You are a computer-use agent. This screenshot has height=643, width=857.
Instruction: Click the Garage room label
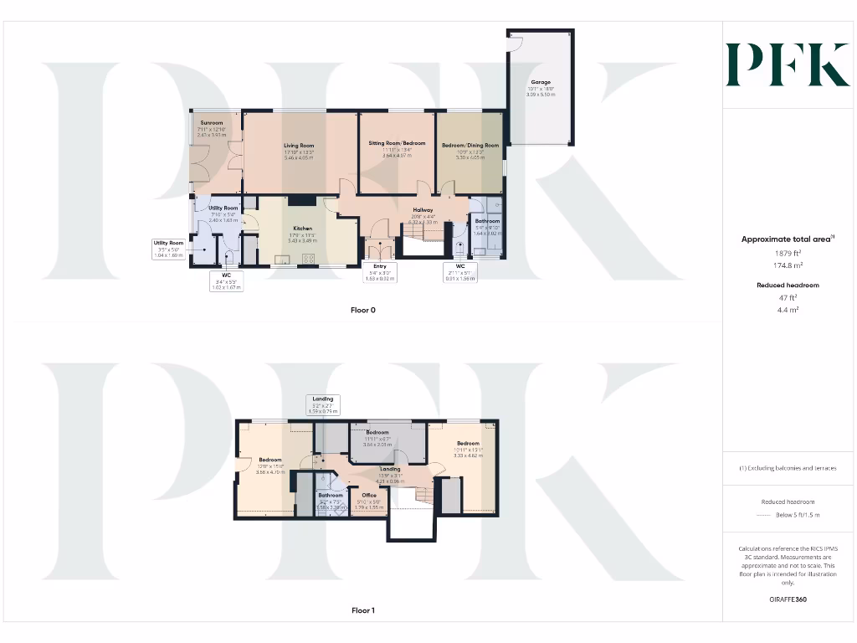(x=540, y=82)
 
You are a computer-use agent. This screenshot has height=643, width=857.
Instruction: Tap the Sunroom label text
(x=199, y=123)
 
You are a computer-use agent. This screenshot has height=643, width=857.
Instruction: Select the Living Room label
(x=299, y=146)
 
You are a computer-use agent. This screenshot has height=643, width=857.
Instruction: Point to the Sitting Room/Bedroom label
(x=397, y=143)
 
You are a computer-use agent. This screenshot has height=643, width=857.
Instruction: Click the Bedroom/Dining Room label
(x=470, y=145)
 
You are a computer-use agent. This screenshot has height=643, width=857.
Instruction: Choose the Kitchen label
(x=302, y=228)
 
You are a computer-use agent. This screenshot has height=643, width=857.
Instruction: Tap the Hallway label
(x=423, y=210)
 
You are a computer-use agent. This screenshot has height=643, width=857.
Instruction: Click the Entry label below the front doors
(x=380, y=265)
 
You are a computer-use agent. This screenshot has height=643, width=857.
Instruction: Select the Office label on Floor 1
(x=368, y=496)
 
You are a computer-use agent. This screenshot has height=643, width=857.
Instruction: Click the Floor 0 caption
(x=362, y=310)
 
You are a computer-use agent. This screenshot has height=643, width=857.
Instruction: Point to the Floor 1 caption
(x=362, y=610)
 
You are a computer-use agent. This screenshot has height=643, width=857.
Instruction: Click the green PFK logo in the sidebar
(x=787, y=65)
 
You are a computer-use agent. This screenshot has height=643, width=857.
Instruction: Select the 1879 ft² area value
(x=788, y=253)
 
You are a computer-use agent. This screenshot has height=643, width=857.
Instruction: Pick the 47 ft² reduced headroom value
(x=788, y=297)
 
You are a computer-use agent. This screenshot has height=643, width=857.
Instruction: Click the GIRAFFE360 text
(x=788, y=599)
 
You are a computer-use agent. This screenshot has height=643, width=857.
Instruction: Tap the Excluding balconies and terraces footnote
(x=788, y=468)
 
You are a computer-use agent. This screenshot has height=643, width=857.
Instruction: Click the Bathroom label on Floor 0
(x=487, y=221)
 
